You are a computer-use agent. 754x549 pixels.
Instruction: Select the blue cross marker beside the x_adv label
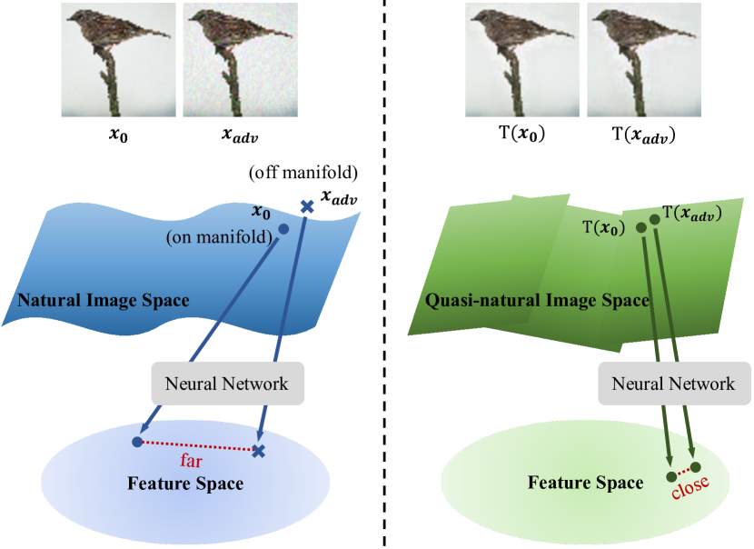point(307,207)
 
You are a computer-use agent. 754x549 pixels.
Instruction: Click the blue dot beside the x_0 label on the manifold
point(283,229)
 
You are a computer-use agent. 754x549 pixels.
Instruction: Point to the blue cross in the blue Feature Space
point(259,450)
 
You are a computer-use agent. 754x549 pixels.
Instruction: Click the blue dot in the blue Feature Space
point(136,442)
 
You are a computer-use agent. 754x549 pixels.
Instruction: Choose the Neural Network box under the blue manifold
point(227,384)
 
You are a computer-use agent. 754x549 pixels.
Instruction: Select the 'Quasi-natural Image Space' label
point(537,301)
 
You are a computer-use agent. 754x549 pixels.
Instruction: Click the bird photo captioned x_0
point(118,60)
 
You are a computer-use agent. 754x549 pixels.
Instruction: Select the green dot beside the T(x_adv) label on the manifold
point(653,221)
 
